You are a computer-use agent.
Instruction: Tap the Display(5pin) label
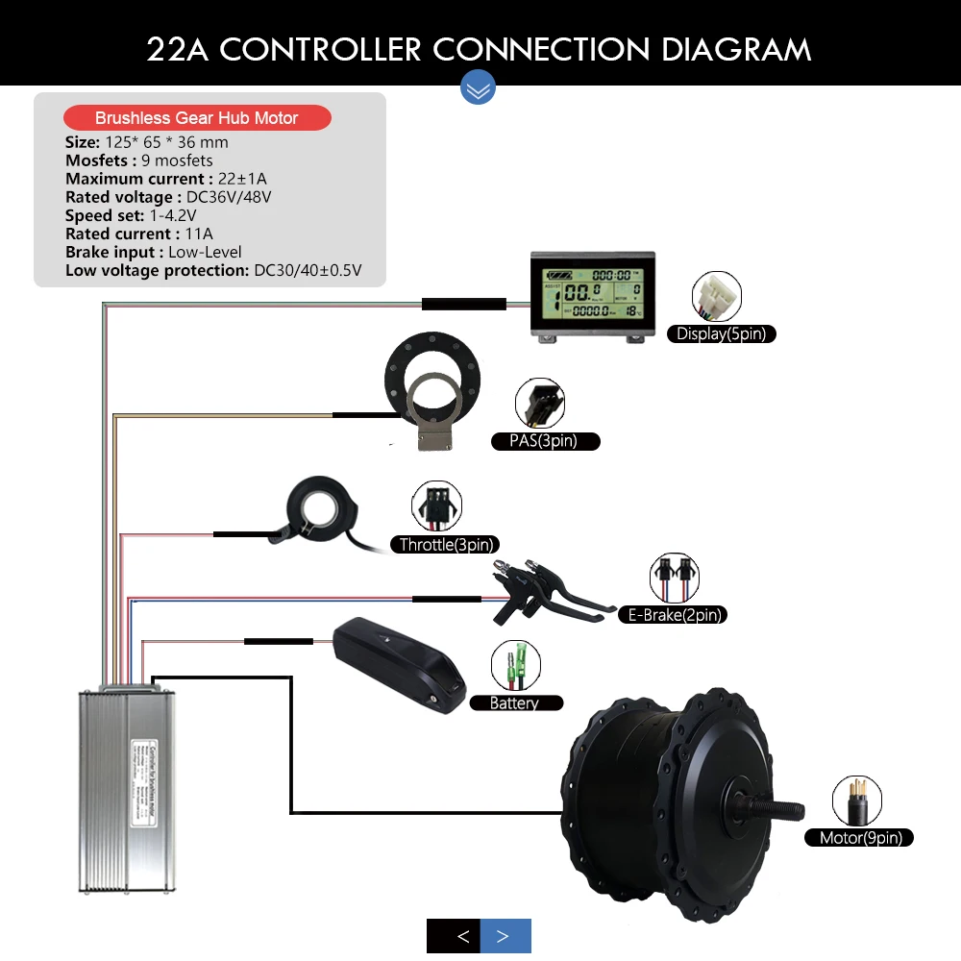coord(722,334)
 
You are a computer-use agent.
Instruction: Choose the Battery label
coord(514,703)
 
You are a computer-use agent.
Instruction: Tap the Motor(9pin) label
coord(860,838)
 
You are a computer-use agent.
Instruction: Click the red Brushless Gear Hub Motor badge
coord(197,118)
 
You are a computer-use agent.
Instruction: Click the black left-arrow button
coord(463,936)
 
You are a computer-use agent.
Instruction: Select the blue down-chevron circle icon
coord(478,87)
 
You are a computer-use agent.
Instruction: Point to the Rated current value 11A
coord(200,234)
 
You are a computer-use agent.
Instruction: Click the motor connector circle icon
coord(857,801)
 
